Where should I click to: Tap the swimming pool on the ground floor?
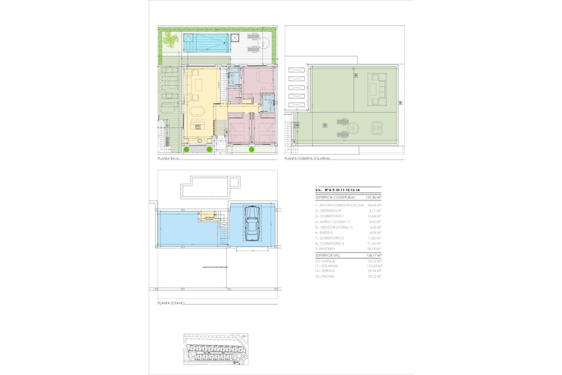pos(205,43)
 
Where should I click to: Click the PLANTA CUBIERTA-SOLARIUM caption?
pos(307,159)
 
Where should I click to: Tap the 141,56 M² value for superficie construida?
pos(373,197)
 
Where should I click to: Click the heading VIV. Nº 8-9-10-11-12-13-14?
pos(337,190)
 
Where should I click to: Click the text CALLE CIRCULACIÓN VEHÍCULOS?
pos(215,267)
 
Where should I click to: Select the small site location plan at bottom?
pos(216,349)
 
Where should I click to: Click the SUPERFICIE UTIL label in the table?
pos(328,255)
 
